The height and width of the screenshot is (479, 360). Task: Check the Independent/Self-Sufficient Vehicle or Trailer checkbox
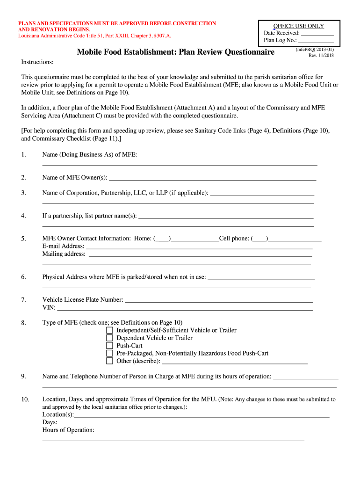pos(109,330)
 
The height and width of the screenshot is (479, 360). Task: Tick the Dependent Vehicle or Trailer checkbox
pos(109,338)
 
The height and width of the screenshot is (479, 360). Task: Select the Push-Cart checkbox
pos(109,346)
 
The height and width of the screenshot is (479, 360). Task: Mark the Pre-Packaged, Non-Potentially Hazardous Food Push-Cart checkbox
pos(109,353)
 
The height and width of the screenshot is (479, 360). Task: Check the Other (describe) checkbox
pos(109,361)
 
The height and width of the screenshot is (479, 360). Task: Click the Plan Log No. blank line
pos(316,41)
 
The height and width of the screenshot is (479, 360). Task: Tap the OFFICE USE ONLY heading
pos(299,26)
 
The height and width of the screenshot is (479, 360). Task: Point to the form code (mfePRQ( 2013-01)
pos(315,49)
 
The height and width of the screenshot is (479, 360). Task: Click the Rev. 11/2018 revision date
pos(321,56)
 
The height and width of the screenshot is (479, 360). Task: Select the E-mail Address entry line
pos(199,247)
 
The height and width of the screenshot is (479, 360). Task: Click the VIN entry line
pos(185,308)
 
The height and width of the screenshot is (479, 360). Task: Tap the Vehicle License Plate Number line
pos(219,300)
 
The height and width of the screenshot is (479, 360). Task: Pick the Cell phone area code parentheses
pos(260,239)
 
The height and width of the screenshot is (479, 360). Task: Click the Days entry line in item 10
pos(195,423)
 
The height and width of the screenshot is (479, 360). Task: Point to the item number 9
pos(23,377)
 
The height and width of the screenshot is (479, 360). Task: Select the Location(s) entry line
pos(202,415)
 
